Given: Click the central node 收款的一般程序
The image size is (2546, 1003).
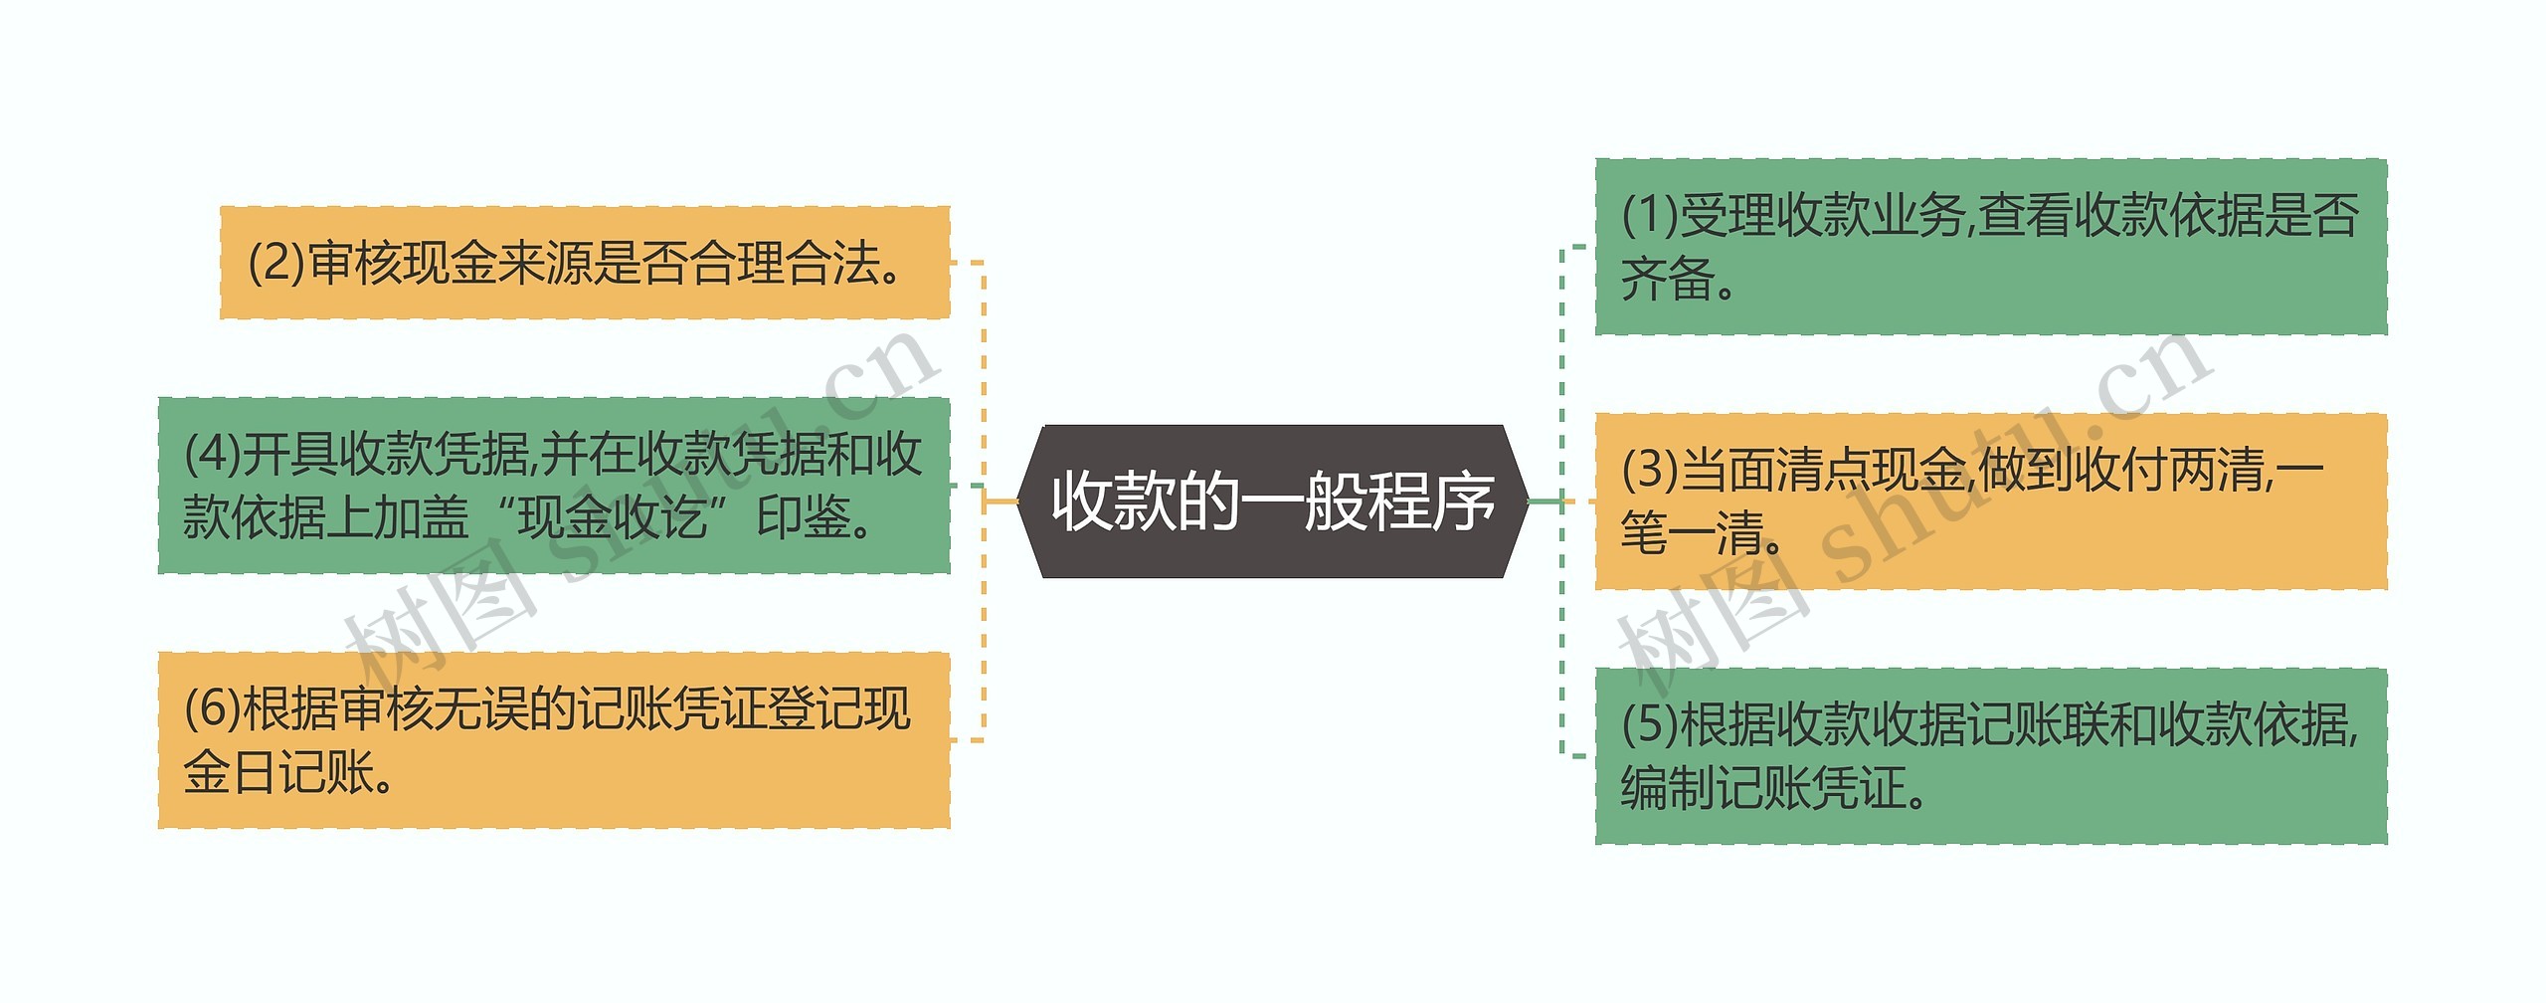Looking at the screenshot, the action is [1272, 501].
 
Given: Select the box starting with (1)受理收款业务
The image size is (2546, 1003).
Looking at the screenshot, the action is [1990, 247].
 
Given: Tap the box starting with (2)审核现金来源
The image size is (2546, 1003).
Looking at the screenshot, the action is [585, 263].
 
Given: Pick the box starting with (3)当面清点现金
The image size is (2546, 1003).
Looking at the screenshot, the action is [1990, 501].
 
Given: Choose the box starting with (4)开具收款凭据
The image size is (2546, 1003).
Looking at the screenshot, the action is [554, 486].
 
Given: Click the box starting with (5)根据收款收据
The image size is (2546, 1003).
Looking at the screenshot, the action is [1990, 756].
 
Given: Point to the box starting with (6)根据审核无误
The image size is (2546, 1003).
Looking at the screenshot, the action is [554, 740].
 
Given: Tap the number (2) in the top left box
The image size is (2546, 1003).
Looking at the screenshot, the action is [275, 264].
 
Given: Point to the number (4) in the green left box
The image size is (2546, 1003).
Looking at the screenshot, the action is [212, 455].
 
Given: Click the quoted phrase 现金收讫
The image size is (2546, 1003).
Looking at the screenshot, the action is [612, 517].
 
